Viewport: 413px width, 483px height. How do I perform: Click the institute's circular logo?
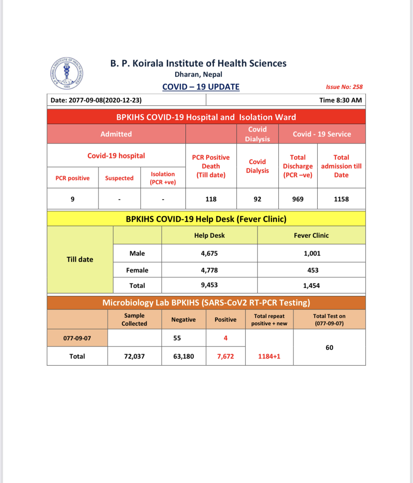tap(66, 73)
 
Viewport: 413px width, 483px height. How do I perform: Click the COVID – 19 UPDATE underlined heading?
tap(201, 87)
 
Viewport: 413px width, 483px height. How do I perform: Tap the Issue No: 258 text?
tap(344, 87)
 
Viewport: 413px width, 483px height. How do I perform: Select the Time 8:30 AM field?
tap(340, 100)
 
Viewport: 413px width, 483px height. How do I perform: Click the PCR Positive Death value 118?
tap(211, 199)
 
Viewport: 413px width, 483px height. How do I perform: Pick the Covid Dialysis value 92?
tap(257, 199)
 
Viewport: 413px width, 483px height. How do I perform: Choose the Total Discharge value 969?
tap(298, 199)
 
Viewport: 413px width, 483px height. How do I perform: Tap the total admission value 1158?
tap(341, 199)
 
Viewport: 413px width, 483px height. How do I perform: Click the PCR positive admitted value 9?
tap(72, 199)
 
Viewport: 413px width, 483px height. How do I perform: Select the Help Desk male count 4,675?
tap(209, 253)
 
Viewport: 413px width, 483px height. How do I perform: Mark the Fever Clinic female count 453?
tap(313, 270)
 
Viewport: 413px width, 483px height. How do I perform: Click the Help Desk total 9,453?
tap(209, 285)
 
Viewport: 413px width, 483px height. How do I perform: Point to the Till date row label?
tap(80, 259)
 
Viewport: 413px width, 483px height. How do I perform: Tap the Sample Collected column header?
tap(134, 320)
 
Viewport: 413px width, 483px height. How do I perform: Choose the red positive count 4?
tap(225, 338)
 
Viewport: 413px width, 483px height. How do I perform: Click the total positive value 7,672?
tap(225, 356)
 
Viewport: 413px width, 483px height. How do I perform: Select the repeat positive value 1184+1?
tap(269, 356)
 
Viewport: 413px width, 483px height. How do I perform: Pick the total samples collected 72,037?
tap(134, 356)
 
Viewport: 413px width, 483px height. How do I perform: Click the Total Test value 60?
tap(329, 347)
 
